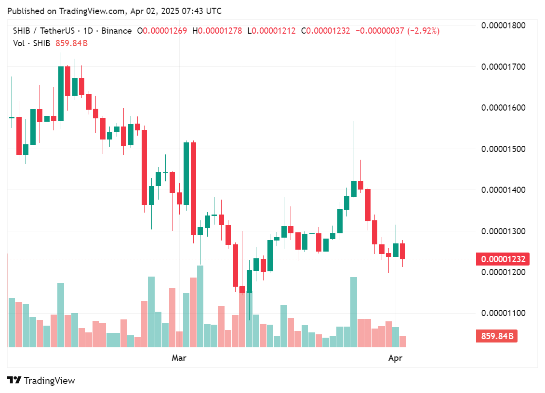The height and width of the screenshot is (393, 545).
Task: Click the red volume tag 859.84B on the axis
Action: point(496,336)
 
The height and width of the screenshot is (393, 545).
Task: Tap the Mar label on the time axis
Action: point(179,358)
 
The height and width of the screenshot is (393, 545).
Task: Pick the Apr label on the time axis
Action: point(395,358)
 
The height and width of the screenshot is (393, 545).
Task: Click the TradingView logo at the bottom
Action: point(41,380)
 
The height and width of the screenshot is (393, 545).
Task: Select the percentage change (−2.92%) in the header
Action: point(424,31)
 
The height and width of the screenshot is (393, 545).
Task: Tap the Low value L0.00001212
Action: point(272,31)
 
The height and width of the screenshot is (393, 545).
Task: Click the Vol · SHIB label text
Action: point(31,43)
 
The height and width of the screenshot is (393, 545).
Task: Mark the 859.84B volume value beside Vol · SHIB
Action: point(72,43)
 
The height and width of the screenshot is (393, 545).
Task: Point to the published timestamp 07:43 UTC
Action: point(201,11)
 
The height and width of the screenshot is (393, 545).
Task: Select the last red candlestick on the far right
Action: point(402,251)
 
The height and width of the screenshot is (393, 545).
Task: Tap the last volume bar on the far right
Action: point(402,342)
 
